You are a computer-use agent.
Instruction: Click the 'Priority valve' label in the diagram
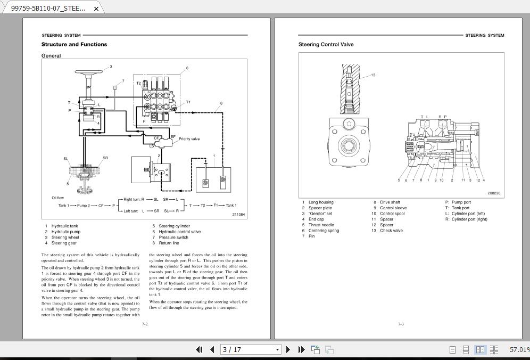(x=189, y=139)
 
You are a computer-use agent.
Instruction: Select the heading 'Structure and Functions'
(x=74, y=45)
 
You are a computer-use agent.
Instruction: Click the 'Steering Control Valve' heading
(x=326, y=45)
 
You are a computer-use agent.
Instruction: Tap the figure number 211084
(x=238, y=215)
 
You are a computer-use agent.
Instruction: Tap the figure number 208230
(x=493, y=193)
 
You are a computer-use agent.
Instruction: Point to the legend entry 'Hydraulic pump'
(x=66, y=232)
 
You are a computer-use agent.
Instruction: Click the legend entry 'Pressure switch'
(x=173, y=238)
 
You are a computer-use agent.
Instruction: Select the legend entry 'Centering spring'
(x=324, y=231)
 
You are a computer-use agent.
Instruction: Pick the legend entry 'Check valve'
(x=391, y=231)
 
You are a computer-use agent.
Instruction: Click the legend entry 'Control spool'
(x=392, y=214)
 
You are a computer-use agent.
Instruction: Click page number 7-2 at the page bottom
(x=144, y=324)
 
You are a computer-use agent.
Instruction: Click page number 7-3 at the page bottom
(x=401, y=324)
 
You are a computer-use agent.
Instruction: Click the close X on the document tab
(x=96, y=9)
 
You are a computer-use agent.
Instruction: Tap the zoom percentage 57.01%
(x=519, y=350)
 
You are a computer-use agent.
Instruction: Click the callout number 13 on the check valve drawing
(x=373, y=75)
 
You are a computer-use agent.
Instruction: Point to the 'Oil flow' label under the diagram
(x=57, y=198)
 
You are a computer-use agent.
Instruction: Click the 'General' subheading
(x=51, y=56)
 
